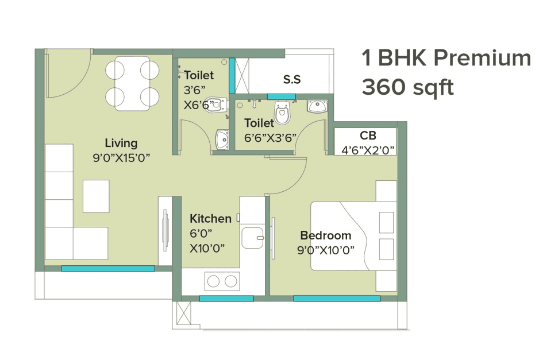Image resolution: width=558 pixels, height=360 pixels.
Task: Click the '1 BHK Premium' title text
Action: [x=446, y=59]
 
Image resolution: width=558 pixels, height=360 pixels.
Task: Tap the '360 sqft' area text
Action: [x=407, y=88]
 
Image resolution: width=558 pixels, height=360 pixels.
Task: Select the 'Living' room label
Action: [x=121, y=143]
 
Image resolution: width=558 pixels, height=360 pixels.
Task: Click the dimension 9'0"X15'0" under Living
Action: [x=121, y=158]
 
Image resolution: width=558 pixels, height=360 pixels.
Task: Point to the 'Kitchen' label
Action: [x=210, y=219]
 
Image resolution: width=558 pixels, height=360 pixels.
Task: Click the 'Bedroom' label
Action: [x=325, y=235]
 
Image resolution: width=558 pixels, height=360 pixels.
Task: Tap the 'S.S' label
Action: [x=292, y=80]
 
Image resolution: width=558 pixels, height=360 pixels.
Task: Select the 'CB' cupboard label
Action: [x=368, y=136]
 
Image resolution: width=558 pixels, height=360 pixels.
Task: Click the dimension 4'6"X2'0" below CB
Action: [x=368, y=151]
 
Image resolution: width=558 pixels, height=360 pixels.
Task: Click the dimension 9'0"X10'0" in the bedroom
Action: [x=325, y=250]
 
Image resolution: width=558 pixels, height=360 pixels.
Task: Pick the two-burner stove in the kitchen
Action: [x=222, y=281]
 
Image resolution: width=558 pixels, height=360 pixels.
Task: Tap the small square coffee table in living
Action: [x=96, y=196]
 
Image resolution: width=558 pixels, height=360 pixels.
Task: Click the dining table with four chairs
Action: [x=132, y=83]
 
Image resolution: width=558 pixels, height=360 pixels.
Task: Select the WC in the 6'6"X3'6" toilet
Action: [x=282, y=114]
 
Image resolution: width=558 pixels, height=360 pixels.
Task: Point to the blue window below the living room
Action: [x=108, y=268]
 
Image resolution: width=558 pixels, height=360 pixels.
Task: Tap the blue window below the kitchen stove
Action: [x=226, y=299]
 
